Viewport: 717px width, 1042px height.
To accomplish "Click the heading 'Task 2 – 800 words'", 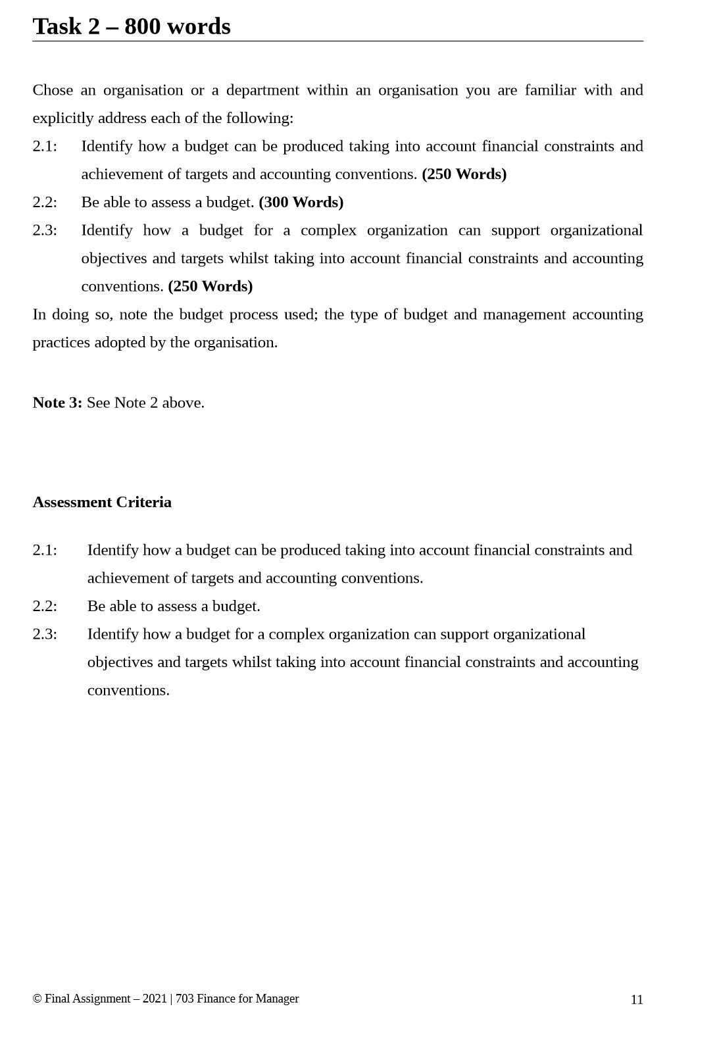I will click(x=132, y=27).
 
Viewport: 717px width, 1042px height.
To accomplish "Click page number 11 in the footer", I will click(x=636, y=1000).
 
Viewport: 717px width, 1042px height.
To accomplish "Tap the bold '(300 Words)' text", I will click(x=301, y=203).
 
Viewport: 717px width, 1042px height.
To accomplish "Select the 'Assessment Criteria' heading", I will click(x=102, y=503).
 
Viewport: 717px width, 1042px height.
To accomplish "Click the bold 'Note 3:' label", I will click(x=57, y=403).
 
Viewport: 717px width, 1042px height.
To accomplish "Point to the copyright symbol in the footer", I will click(x=37, y=999).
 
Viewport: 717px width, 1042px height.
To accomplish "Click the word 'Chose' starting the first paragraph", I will click(x=53, y=90).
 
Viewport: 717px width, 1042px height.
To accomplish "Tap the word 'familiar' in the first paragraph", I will click(x=550, y=90).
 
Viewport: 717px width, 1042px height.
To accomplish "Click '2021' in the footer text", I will click(x=155, y=999).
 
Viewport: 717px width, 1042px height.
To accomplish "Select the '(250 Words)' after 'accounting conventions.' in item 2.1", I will click(x=464, y=174).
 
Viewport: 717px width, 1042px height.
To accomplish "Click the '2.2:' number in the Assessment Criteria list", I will click(x=45, y=607).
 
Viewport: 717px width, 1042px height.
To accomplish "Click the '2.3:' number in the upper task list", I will click(x=45, y=230).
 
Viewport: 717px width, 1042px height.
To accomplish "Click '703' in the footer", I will click(x=184, y=999).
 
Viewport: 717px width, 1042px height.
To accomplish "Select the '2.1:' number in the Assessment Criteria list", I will click(x=45, y=550).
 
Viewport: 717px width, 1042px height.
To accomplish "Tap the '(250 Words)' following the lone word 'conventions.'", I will click(x=210, y=287).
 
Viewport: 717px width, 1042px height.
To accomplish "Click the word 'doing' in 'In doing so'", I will click(x=70, y=314).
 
